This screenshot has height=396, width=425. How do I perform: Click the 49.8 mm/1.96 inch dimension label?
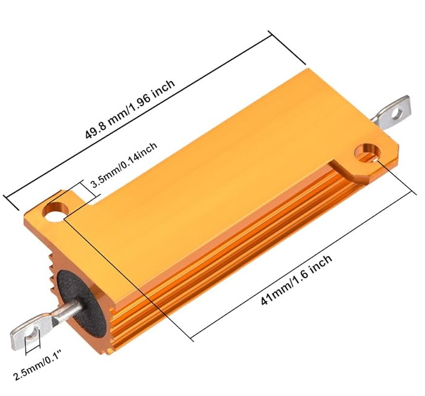pos(130,109)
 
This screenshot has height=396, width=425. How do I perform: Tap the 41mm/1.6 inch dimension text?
pos(297,280)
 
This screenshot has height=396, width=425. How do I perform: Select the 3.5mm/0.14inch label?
pos(124,165)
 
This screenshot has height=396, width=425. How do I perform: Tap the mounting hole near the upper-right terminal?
pos(367,154)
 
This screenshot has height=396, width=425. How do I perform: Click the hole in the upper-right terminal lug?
pos(397,112)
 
